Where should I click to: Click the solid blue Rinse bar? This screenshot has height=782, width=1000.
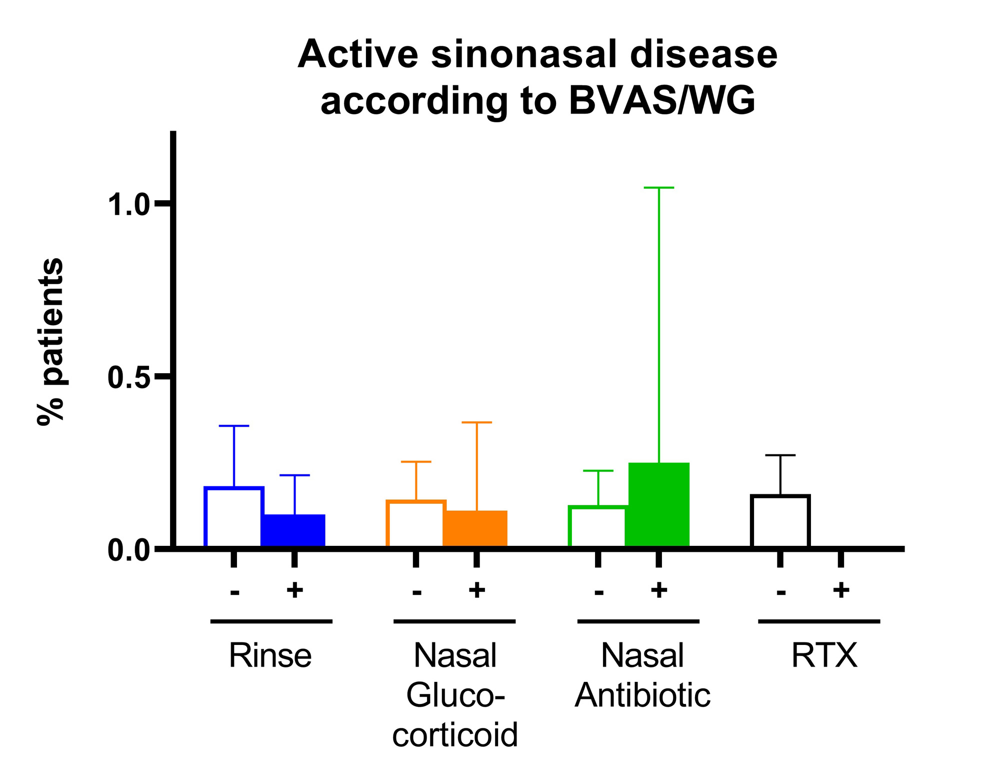coord(293,530)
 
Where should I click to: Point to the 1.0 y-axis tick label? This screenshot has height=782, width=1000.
coord(128,205)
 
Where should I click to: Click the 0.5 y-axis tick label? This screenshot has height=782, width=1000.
coord(128,377)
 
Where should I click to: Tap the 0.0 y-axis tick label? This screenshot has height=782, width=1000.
coord(128,550)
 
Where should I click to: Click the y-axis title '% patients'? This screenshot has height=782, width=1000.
coord(50,341)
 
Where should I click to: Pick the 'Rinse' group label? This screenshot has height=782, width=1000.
coord(270,655)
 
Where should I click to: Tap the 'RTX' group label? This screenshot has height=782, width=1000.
coord(824,655)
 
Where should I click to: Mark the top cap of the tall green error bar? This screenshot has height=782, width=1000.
coord(658,188)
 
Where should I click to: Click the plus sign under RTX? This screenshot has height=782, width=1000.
coord(841,590)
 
